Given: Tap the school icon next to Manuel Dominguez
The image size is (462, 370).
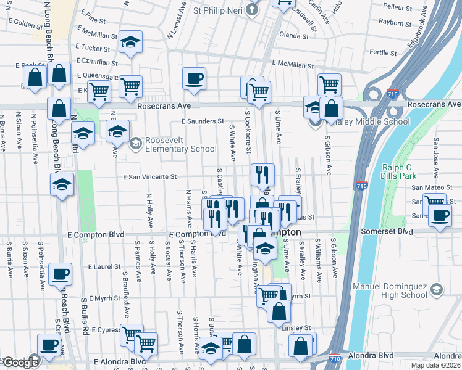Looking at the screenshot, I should (x=436, y=290).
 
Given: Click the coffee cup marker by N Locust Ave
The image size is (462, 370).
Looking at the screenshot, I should (x=194, y=79).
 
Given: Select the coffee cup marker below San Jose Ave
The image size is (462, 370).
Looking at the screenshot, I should (x=440, y=216).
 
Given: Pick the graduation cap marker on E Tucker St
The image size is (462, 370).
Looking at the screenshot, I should (x=130, y=42).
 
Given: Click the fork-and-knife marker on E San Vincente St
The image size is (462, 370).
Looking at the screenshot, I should (x=262, y=175).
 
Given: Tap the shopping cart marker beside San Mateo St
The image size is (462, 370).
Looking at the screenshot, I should (x=434, y=203).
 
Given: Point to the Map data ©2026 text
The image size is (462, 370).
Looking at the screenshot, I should (x=436, y=365).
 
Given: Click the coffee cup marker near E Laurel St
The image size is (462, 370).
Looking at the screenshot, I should (x=60, y=274).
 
